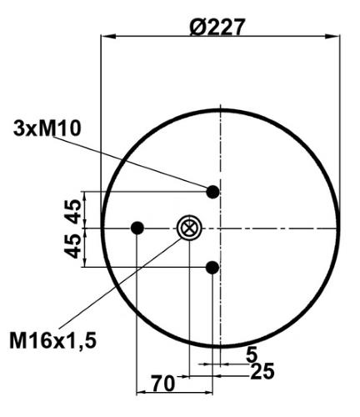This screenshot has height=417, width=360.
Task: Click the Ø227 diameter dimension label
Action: pyautogui.click(x=217, y=27)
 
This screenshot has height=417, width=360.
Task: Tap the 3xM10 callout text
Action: pyautogui.click(x=47, y=128)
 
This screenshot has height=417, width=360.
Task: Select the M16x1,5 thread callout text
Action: pyautogui.click(x=53, y=341)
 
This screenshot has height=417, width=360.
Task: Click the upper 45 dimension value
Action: pyautogui.click(x=73, y=212)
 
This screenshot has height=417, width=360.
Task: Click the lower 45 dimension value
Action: pyautogui.click(x=72, y=246)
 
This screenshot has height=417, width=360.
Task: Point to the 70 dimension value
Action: pyautogui.click(x=163, y=383)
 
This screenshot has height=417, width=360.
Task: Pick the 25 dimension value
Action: pyautogui.click(x=262, y=371)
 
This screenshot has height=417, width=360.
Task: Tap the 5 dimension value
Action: pyautogui.click(x=252, y=354)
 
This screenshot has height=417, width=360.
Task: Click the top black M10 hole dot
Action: pyautogui.click(x=213, y=192)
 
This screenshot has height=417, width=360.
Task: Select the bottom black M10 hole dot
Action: pyautogui.click(x=212, y=268)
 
